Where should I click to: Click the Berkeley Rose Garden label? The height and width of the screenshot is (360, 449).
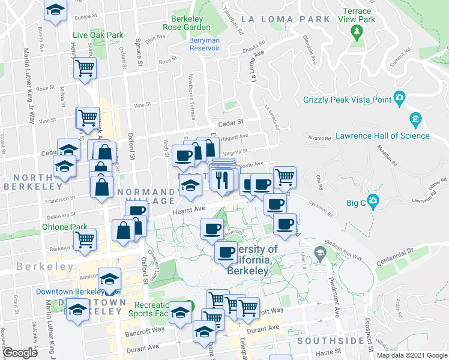(187, 22)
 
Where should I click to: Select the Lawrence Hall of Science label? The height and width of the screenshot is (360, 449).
(382, 136)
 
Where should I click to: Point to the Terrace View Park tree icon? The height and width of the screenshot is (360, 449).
(358, 31)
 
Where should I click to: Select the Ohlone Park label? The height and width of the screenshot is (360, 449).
(65, 227)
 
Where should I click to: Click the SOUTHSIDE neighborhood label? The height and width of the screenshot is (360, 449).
(330, 340)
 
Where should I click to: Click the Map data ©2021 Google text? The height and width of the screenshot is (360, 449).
(411, 355)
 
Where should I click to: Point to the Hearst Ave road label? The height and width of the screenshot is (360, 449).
(189, 208)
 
